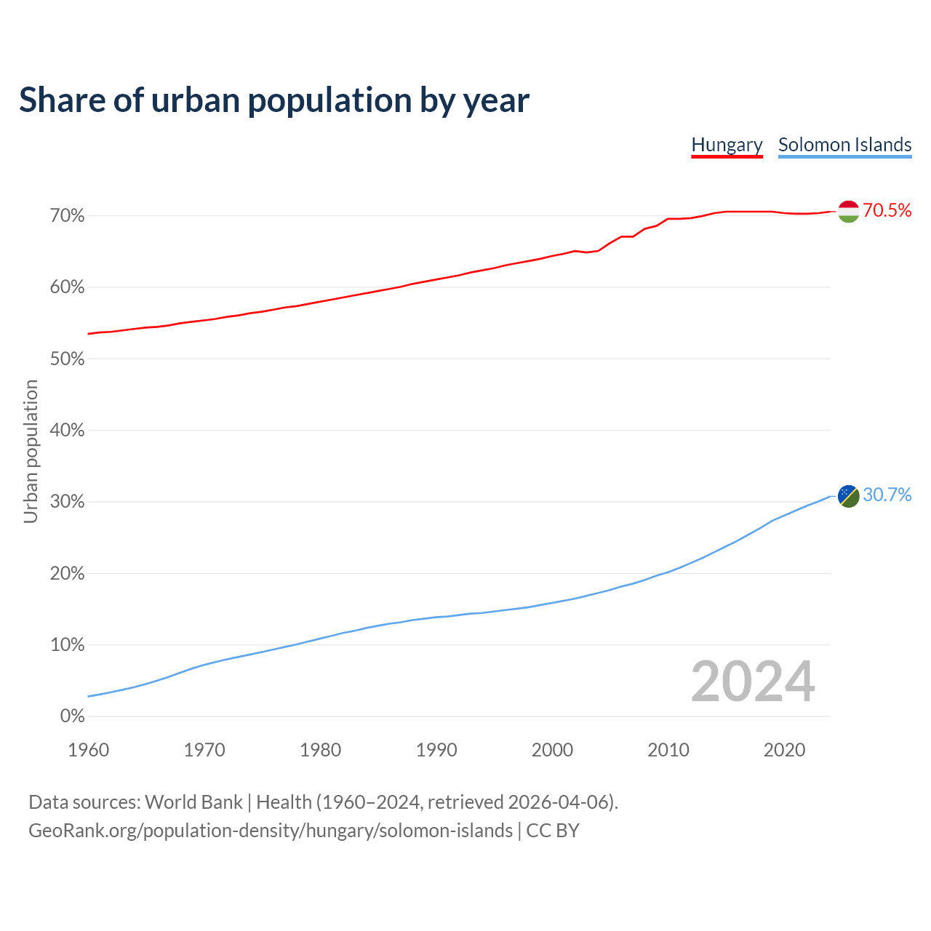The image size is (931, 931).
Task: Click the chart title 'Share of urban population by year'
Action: [x=274, y=100]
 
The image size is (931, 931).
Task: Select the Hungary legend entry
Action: [x=727, y=145]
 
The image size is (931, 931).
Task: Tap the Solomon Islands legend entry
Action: [x=844, y=145]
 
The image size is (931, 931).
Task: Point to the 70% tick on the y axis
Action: [x=67, y=216]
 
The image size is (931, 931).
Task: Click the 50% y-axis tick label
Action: [x=67, y=359]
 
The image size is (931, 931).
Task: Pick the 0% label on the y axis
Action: [x=72, y=716]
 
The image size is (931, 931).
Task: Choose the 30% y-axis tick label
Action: [x=67, y=502]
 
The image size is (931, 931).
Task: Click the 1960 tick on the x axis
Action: [x=88, y=750]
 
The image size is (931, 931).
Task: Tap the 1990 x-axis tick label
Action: [x=436, y=750]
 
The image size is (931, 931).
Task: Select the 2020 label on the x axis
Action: [x=784, y=750]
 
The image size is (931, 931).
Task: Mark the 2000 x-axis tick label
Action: [x=552, y=750]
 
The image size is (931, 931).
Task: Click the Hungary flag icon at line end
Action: [x=849, y=211]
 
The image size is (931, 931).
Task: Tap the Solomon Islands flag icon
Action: [x=849, y=495]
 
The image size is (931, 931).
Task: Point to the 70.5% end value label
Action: [x=887, y=211]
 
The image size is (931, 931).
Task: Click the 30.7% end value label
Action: [x=887, y=495]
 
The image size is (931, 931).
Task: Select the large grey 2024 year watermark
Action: [x=753, y=682]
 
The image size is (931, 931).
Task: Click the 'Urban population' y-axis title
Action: [x=31, y=451]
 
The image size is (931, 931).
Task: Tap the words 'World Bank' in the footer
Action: [x=193, y=802]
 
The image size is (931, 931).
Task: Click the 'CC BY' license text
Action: [x=553, y=831]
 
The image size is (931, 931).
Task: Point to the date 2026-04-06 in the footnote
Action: [x=558, y=802]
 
